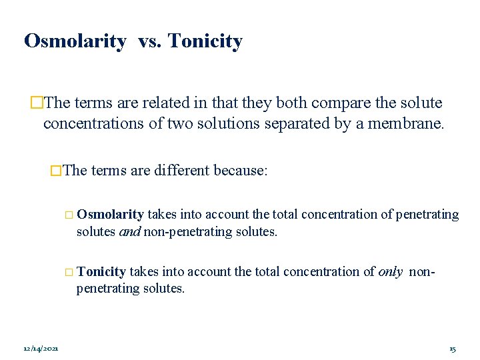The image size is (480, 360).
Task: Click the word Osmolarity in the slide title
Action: point(75,41)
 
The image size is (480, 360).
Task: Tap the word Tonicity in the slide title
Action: point(205,41)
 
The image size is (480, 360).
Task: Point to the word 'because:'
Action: point(241,171)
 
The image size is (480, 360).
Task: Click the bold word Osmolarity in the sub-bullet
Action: point(110,215)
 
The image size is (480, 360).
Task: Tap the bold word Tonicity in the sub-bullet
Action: point(101,272)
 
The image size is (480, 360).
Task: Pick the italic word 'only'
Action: point(389,272)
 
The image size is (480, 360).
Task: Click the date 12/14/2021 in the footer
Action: point(41,349)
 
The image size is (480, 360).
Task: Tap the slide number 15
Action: point(453,349)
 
